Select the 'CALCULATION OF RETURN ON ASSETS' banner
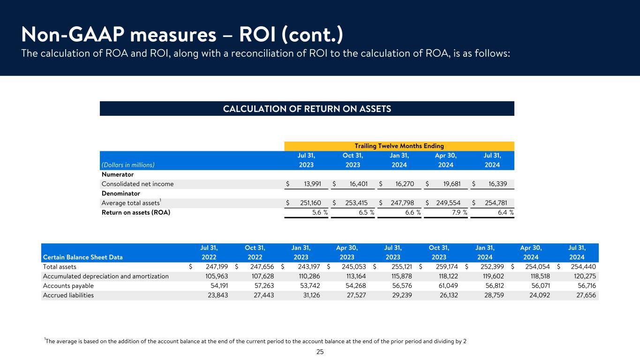coord(307,109)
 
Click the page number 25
coord(320,352)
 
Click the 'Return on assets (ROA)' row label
coord(136,212)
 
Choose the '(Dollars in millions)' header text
coord(128,165)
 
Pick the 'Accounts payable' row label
coord(68,286)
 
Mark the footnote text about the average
coord(256,341)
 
